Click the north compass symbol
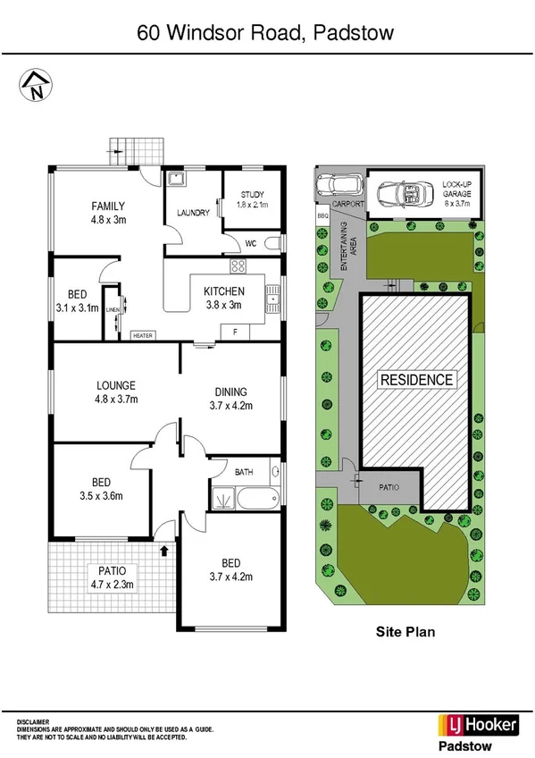coord(35,85)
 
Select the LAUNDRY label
coord(193,213)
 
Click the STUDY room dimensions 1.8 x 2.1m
coord(251,205)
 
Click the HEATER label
coord(142,336)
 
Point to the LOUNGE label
coord(116,386)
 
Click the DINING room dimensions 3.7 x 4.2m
coord(230,405)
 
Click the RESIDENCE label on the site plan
coord(416,380)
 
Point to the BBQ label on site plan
coord(322,215)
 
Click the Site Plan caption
coord(404,632)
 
